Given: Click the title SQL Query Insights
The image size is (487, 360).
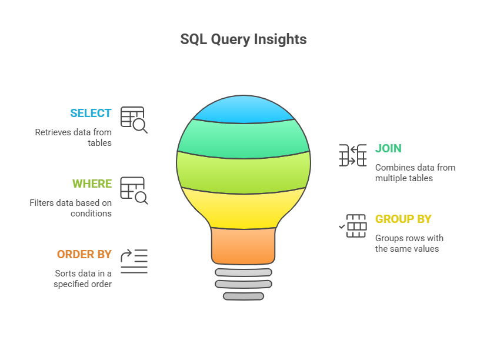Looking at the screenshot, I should tap(243, 39).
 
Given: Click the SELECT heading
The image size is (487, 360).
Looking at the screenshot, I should tap(91, 114).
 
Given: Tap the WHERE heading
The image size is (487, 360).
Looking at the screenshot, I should tap(92, 184).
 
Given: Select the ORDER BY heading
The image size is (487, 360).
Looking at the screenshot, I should tap(84, 255).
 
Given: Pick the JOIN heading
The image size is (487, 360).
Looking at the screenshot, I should tap(389, 149).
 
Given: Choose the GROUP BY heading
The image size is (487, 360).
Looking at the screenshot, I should tap(403, 219).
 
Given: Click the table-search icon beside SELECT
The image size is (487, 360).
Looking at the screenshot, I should tap(134, 119).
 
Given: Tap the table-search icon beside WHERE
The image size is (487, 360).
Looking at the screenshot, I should tap(134, 190).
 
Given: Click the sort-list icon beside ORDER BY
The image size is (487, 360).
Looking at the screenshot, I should tap(134, 261).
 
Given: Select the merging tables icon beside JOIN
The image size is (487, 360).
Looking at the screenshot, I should tap(353, 155).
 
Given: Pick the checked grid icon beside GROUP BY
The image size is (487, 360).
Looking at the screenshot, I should tap(353, 226).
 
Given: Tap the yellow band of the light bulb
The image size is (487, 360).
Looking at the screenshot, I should tap(243, 209).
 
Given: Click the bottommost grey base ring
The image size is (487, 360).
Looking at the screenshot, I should tap(243, 296).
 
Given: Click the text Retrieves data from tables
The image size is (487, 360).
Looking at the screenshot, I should tap(74, 138).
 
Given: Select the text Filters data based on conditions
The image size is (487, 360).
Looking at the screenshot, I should tap(71, 208).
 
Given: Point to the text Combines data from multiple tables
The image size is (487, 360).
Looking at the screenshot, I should tap(415, 173).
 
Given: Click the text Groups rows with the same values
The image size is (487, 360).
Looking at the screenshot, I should tap(409, 244).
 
